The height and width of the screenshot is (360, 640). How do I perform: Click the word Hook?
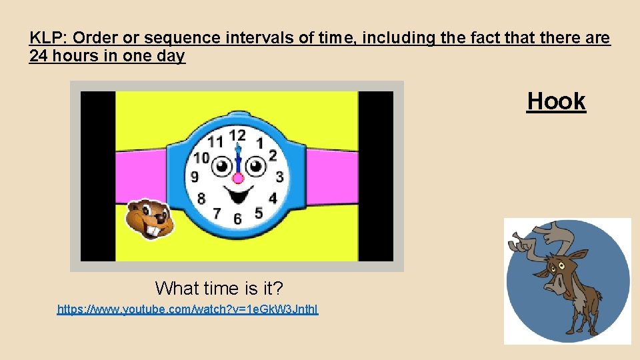556,101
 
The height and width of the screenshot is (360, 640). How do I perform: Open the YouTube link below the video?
187,309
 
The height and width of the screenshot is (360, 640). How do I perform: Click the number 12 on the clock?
237,135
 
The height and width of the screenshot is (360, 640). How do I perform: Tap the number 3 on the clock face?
279,177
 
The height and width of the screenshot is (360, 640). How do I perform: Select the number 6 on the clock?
237,218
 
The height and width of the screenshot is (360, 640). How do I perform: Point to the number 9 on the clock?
195,177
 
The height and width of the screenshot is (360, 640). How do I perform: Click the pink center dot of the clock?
237,177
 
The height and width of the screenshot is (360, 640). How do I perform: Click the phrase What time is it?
219,288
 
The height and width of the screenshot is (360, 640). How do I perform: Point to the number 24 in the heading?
39,56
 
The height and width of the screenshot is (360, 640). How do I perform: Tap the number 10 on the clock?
201,158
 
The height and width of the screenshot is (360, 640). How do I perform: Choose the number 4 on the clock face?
273,198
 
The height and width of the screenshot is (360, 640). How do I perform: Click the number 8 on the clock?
201,198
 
